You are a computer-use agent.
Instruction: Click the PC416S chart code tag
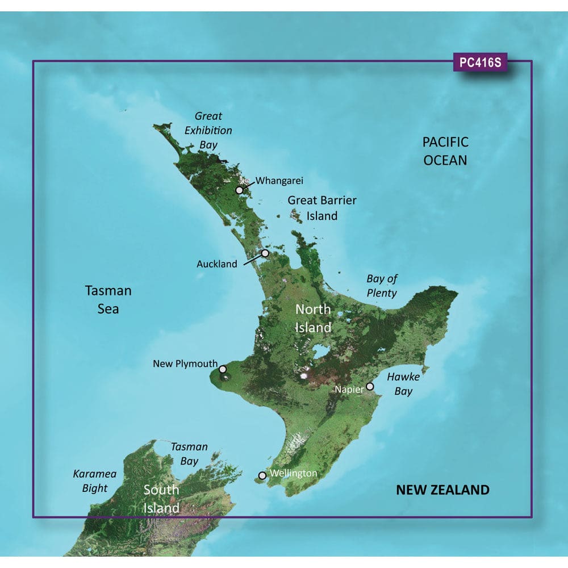click(x=480, y=63)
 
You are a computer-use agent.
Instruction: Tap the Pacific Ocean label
click(x=445, y=151)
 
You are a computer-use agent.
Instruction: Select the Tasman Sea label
click(x=108, y=300)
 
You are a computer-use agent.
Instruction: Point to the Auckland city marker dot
click(x=265, y=253)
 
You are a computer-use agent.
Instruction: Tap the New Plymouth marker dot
click(x=223, y=369)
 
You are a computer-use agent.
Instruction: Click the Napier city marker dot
click(x=370, y=386)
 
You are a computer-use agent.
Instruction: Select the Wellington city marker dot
click(x=262, y=475)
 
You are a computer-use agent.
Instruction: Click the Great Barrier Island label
click(x=321, y=208)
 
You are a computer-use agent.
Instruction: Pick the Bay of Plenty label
click(x=382, y=286)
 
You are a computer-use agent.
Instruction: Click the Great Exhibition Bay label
click(x=208, y=130)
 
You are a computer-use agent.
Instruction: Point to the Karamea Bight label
click(x=90, y=481)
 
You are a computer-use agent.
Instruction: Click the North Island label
click(x=313, y=319)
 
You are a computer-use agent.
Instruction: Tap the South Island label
click(x=161, y=498)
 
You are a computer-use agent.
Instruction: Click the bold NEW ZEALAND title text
click(x=442, y=490)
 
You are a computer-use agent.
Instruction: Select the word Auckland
click(x=217, y=264)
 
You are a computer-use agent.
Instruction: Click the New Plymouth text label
click(x=185, y=364)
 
